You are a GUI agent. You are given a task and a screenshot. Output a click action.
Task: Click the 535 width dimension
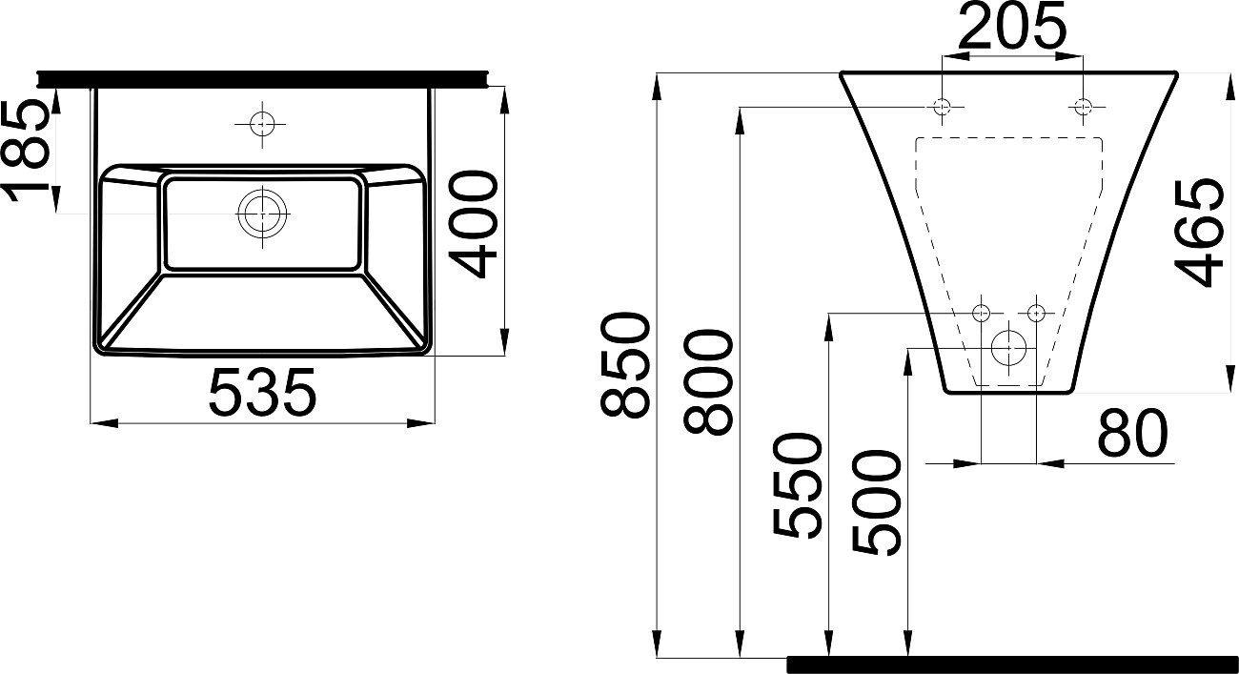262,393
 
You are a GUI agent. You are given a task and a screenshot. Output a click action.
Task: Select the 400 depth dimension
473,224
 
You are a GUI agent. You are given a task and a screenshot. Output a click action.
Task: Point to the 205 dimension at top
1011,28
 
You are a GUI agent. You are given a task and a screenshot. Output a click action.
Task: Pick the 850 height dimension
624,365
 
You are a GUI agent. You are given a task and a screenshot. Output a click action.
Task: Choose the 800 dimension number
708,381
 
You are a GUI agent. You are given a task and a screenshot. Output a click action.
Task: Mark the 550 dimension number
797,485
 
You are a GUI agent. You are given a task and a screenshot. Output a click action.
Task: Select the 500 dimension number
878,503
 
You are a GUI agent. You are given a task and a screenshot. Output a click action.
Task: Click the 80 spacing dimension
1132,432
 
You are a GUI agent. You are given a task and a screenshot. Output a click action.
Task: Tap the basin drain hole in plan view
263,214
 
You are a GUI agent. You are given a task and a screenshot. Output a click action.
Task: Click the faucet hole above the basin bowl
262,124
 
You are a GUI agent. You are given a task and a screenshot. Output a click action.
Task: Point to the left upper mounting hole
942,106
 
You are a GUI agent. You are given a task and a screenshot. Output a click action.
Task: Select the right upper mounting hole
1083,106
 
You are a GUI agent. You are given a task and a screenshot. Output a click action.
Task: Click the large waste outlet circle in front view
1009,348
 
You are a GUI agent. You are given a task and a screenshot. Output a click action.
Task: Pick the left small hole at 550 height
981,314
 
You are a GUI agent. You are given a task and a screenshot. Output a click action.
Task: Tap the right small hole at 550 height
1036,314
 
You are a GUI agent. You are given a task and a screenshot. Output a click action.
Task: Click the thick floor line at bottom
1012,664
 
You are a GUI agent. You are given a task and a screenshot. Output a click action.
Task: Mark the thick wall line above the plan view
262,79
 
